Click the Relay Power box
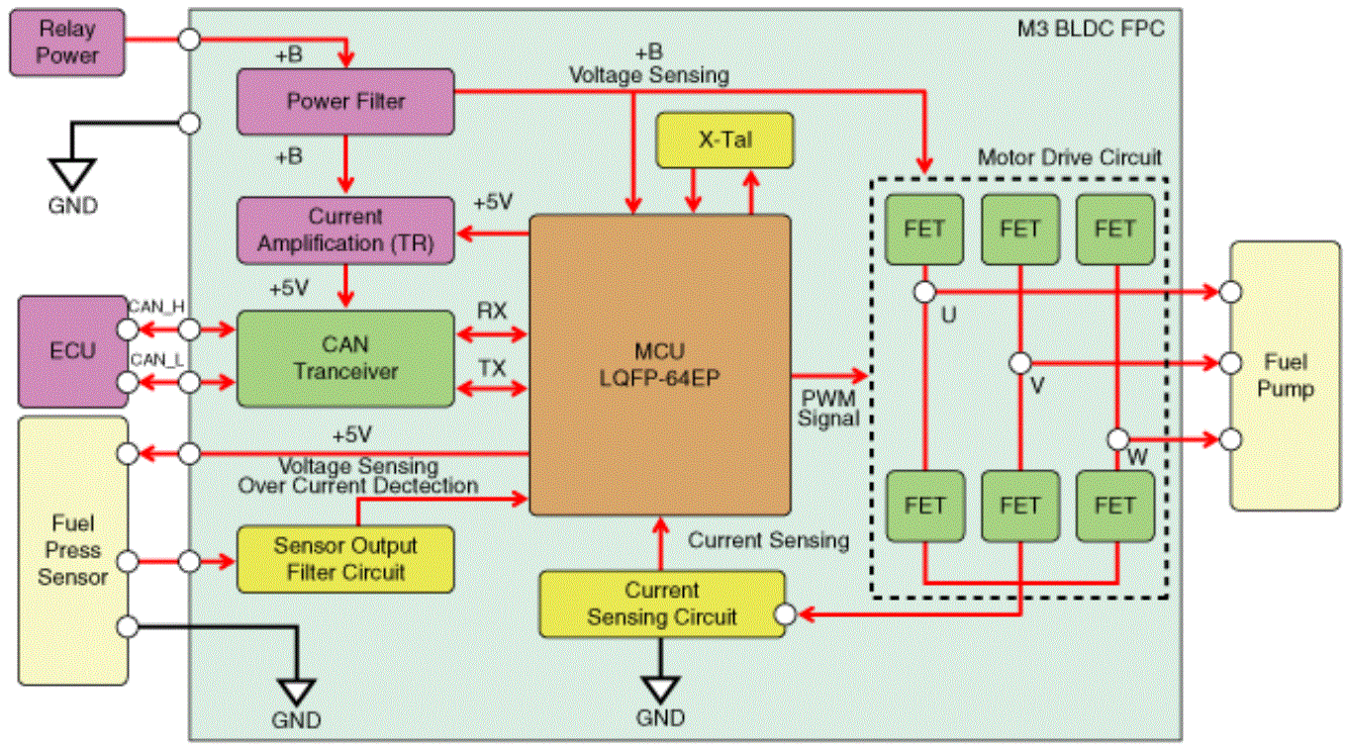(67, 42)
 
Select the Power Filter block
(345, 102)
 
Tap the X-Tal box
(724, 140)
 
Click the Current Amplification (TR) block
(345, 231)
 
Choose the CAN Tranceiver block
(345, 358)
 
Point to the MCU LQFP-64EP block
(660, 365)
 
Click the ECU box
(72, 351)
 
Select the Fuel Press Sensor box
(72, 551)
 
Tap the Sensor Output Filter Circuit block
(345, 559)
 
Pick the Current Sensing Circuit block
(662, 604)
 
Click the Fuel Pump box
(1285, 376)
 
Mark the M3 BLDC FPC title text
(1091, 29)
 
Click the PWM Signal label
(828, 408)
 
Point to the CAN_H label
(156, 307)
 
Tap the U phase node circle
(924, 292)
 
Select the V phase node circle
(1020, 363)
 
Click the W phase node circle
(1117, 439)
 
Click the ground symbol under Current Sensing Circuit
(660, 689)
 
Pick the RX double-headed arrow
(492, 334)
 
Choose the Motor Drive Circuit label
(1070, 157)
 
